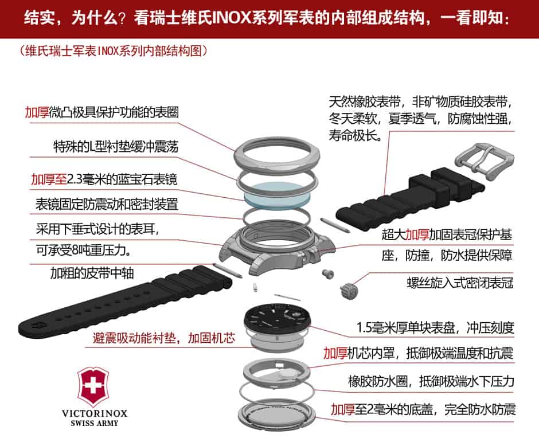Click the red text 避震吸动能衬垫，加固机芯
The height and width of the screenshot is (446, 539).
pyautogui.click(x=164, y=337)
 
